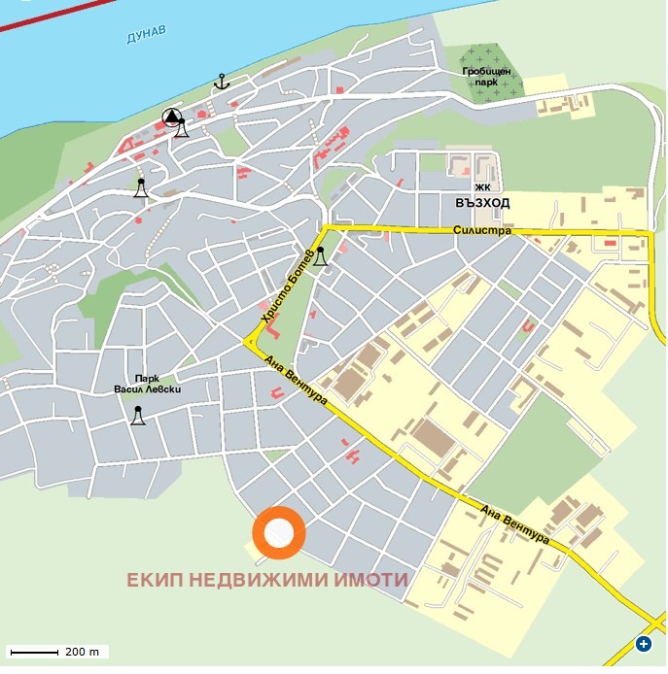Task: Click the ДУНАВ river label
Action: (146, 36)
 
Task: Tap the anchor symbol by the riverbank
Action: (221, 82)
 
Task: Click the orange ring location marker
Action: (279, 533)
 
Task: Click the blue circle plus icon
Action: (644, 644)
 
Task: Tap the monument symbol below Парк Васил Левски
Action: (138, 416)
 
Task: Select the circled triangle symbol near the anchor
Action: (172, 118)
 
